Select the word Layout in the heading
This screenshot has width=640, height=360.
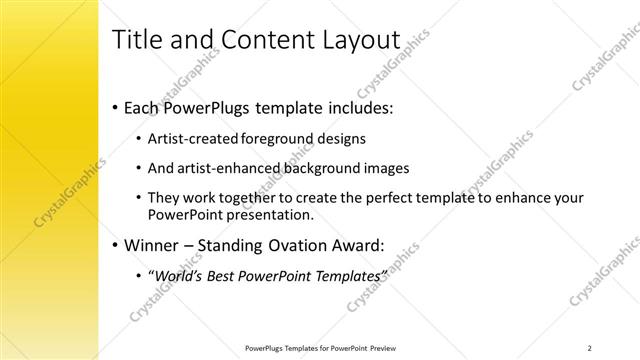[x=356, y=41]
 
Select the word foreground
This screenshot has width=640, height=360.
[x=283, y=139]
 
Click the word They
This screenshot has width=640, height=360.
[x=164, y=198]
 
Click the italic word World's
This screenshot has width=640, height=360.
[x=178, y=275]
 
